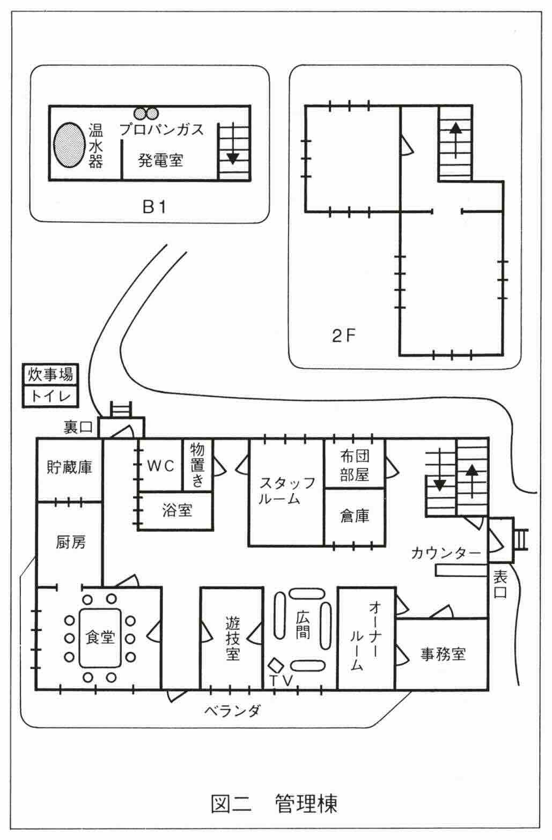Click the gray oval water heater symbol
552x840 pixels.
[x=69, y=146]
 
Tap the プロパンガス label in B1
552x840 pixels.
[x=161, y=129]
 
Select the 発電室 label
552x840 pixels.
[x=160, y=160]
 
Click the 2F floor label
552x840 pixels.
[x=344, y=336]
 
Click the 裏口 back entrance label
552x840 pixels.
[x=79, y=427]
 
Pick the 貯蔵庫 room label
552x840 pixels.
[x=70, y=467]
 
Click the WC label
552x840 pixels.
[x=161, y=466]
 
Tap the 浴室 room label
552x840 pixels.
[x=177, y=510]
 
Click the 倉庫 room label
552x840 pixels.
[x=355, y=516]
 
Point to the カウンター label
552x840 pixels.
[x=445, y=553]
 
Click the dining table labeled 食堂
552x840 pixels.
[x=100, y=638]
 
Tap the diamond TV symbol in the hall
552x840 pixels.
[x=276, y=665]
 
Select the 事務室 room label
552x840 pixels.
[x=443, y=654]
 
